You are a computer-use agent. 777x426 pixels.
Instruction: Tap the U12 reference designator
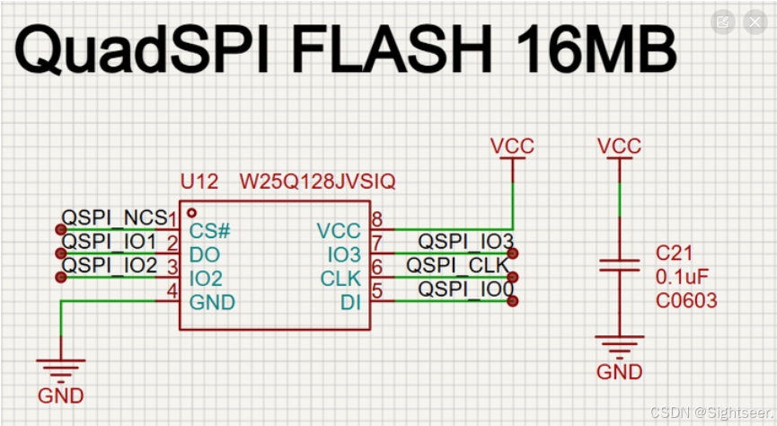pyautogui.click(x=199, y=182)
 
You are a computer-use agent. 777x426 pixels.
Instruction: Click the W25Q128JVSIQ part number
pyautogui.click(x=317, y=182)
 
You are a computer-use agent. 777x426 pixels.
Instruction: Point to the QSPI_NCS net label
pyautogui.click(x=113, y=218)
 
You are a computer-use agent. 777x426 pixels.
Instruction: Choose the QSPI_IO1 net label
pyautogui.click(x=110, y=242)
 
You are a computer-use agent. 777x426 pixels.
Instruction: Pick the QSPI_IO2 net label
pyautogui.click(x=110, y=265)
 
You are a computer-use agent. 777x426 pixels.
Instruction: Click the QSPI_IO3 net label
pyautogui.click(x=465, y=242)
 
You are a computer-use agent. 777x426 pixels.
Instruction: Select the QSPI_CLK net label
pyautogui.click(x=457, y=265)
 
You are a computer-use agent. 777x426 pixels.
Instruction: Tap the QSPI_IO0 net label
pyautogui.click(x=465, y=289)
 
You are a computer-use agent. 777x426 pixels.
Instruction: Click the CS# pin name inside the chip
pyautogui.click(x=210, y=232)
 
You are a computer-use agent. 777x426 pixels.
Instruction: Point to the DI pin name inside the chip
pyautogui.click(x=350, y=303)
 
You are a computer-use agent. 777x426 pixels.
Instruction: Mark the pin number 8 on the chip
pyautogui.click(x=377, y=219)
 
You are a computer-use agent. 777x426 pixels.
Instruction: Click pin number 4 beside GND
pyautogui.click(x=172, y=290)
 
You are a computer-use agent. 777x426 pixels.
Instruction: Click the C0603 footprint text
pyautogui.click(x=687, y=301)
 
